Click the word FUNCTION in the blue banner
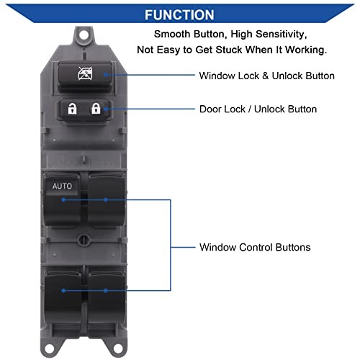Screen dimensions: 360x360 179,15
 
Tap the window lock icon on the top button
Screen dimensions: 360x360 85,73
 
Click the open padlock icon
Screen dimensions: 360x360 72,109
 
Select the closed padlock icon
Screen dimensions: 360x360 96,109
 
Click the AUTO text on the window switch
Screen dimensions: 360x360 62,186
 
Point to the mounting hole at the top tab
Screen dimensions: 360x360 84,35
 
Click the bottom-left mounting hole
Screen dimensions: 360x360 50,348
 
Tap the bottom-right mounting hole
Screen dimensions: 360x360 117,348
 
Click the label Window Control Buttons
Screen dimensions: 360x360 255,247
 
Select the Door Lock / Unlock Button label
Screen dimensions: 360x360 258,109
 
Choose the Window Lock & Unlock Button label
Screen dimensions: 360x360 266,76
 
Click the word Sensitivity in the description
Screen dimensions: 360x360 282,34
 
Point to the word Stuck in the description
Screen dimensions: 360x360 229,50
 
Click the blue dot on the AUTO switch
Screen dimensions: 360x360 63,199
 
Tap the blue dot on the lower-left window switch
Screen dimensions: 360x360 63,291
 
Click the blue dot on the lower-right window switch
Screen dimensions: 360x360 106,291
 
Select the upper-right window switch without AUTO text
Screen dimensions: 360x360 107,199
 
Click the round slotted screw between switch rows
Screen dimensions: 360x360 84,239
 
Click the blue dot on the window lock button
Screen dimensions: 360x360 106,75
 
